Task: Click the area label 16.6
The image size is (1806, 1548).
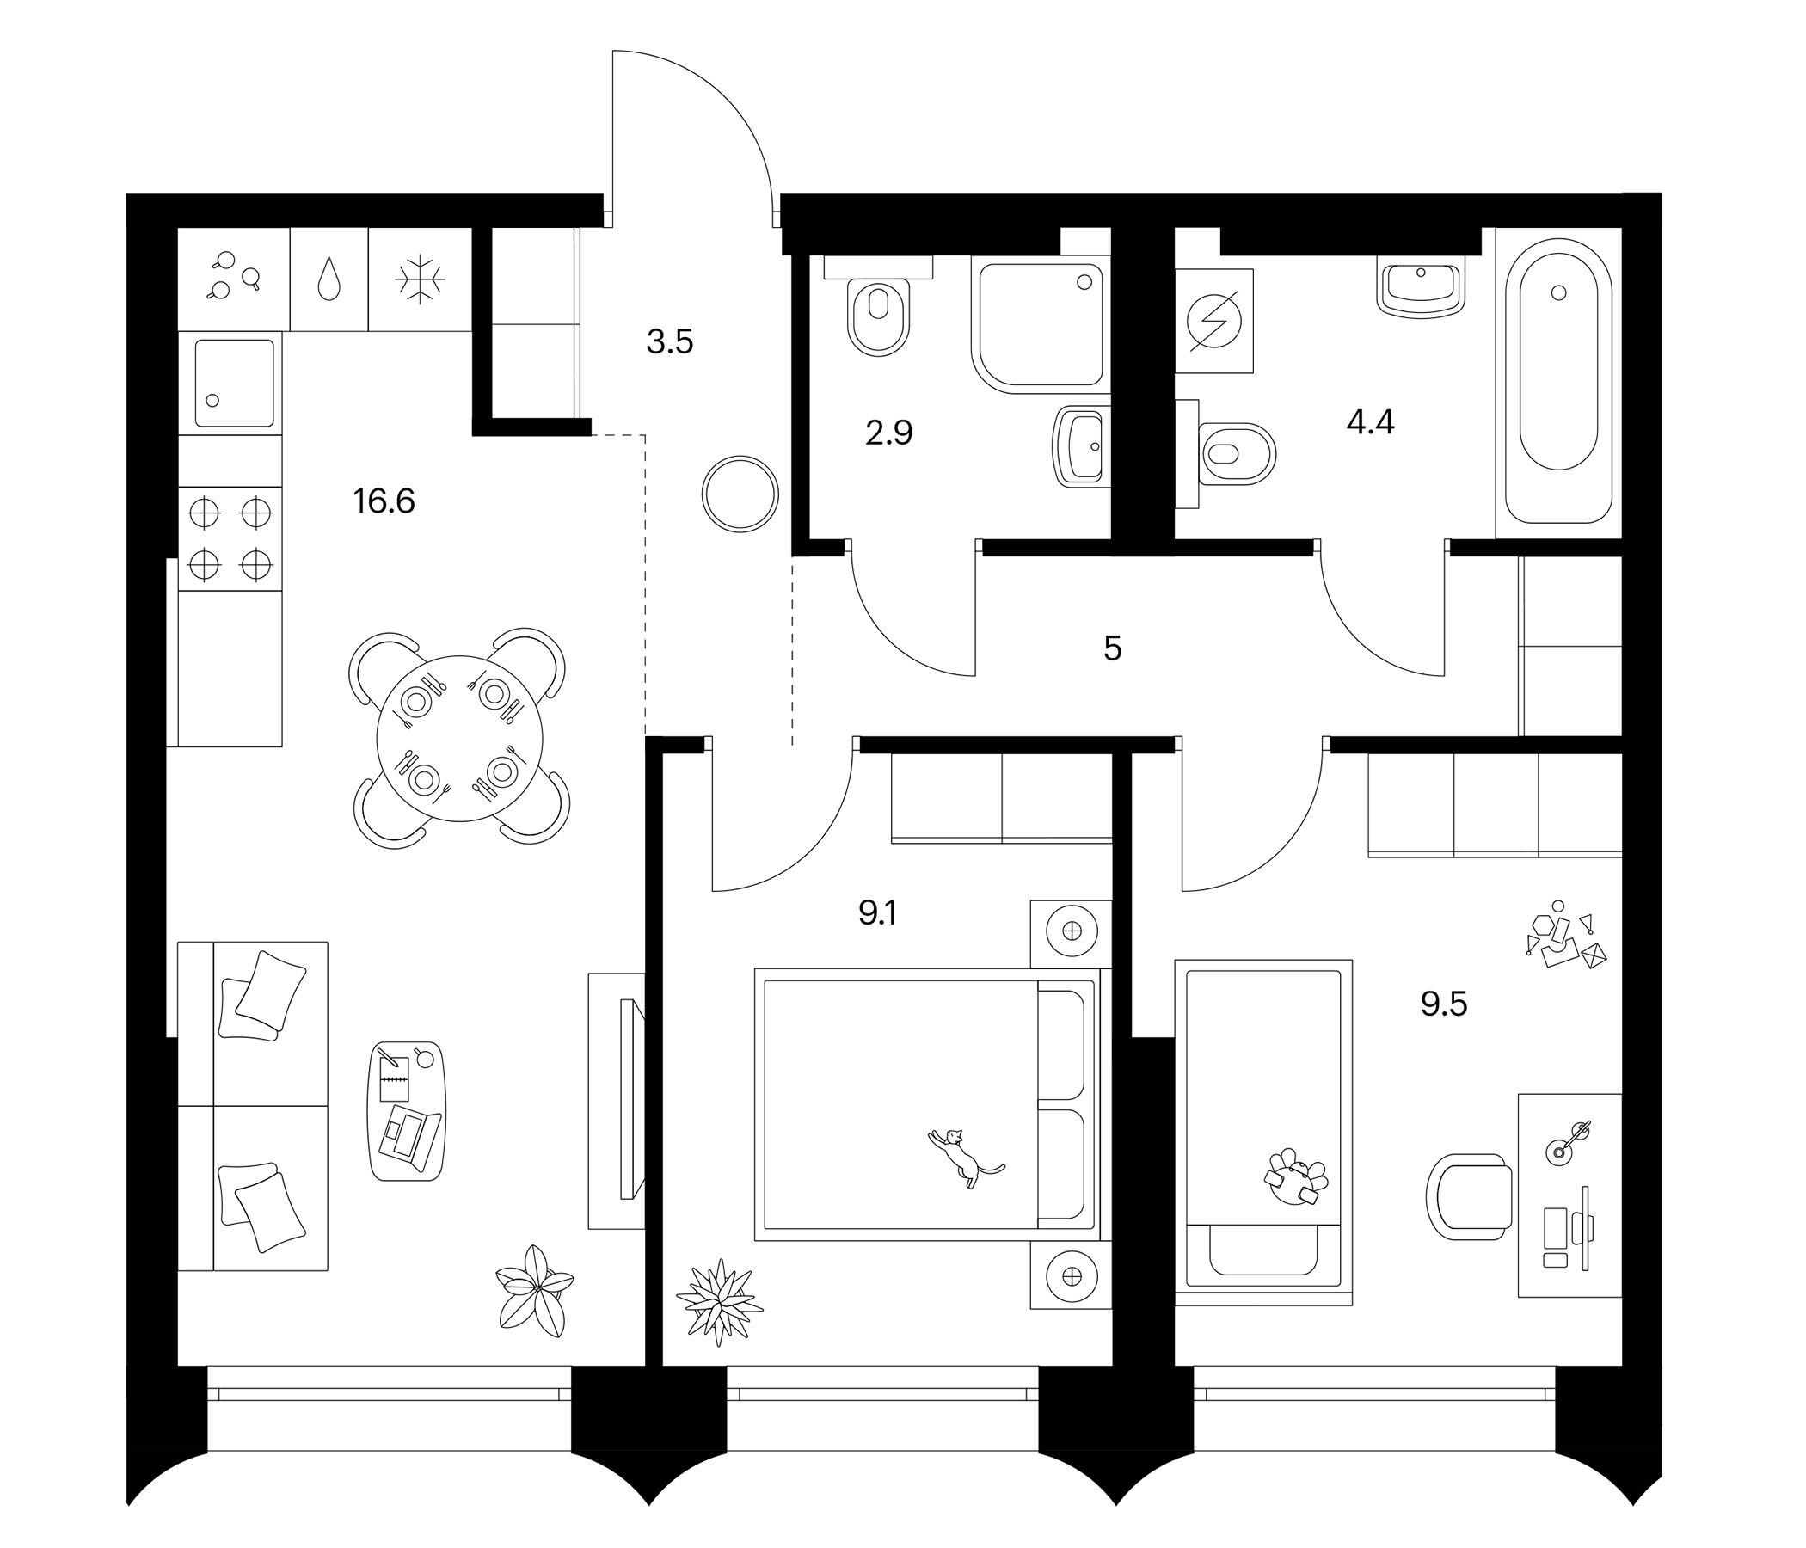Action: [384, 502]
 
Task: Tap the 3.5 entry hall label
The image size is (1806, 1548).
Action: [669, 342]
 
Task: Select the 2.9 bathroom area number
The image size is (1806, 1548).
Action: [888, 433]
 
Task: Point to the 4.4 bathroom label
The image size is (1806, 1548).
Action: [1370, 423]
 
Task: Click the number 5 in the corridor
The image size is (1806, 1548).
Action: [1112, 649]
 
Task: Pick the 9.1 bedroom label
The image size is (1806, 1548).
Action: [878, 913]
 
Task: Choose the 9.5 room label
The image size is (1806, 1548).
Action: [1443, 1005]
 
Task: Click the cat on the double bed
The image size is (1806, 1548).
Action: [962, 1156]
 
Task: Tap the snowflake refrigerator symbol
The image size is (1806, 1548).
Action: [421, 279]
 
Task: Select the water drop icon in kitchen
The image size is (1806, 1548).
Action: [329, 279]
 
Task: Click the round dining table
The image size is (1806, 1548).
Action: [459, 738]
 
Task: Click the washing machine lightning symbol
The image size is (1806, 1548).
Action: [1214, 321]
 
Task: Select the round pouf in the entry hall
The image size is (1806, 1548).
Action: [739, 494]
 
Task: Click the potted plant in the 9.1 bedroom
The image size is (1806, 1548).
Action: [718, 1301]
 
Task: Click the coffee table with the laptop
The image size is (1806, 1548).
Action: [407, 1111]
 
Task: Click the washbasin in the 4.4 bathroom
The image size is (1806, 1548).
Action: [1421, 287]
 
